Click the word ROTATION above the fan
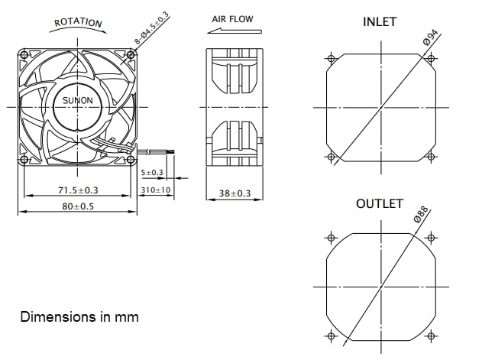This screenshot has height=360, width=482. tap(78, 22)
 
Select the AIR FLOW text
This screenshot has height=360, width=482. tap(232, 19)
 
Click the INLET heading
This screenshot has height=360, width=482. tap(380, 22)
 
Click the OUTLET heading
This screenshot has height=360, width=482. tap(379, 204)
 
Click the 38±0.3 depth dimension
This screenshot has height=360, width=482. tap(235, 193)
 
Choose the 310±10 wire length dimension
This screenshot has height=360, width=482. tap(157, 190)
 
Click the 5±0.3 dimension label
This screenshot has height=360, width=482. tap(153, 173)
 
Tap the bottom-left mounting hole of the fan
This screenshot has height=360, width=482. tap(24, 160)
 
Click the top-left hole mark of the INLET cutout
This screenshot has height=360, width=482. tap(331, 59)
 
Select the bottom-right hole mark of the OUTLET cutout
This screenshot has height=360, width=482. tap(431, 334)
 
